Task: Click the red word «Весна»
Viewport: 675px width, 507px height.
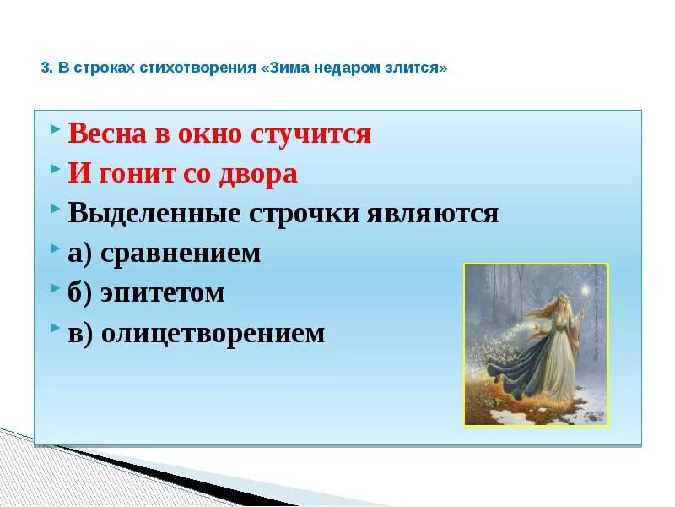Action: pyautogui.click(x=107, y=134)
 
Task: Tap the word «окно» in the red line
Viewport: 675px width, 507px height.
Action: pyautogui.click(x=209, y=134)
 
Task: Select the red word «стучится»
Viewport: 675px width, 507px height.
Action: pyautogui.click(x=310, y=134)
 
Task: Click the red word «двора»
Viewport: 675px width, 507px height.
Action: pyautogui.click(x=258, y=174)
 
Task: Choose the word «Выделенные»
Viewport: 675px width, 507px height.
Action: pyautogui.click(x=154, y=213)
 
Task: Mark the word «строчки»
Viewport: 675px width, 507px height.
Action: pyautogui.click(x=304, y=214)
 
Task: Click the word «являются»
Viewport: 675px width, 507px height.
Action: pyautogui.click(x=433, y=214)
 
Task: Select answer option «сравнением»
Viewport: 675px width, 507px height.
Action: pyautogui.click(x=181, y=253)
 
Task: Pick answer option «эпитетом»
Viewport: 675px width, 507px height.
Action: pyautogui.click(x=162, y=293)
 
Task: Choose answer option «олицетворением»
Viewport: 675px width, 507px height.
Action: pyautogui.click(x=213, y=333)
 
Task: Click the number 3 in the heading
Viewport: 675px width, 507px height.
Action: pyautogui.click(x=45, y=68)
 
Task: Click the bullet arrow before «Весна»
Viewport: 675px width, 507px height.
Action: pyautogui.click(x=55, y=128)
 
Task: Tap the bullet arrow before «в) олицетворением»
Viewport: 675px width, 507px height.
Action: pyautogui.click(x=55, y=328)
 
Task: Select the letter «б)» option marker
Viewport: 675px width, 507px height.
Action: pyautogui.click(x=79, y=293)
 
